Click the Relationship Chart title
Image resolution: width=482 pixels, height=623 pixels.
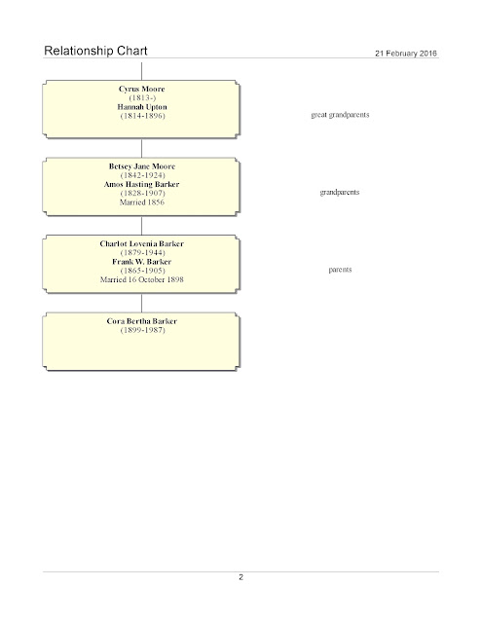[95, 51]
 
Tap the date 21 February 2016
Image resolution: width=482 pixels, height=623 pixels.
[406, 54]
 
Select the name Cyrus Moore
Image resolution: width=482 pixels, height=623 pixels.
[142, 89]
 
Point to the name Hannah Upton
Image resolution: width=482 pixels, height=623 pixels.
[142, 107]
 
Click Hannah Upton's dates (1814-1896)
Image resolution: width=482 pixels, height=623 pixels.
[142, 116]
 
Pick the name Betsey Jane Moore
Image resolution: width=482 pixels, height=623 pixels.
[142, 166]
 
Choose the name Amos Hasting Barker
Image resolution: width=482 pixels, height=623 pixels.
[142, 184]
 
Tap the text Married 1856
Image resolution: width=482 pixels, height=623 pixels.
[142, 202]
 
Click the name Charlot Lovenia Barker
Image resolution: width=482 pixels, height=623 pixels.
[142, 243]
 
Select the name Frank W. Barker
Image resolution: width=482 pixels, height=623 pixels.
[142, 262]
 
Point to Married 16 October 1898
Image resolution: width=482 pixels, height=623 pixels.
[142, 279]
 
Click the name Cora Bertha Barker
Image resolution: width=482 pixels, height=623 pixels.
[142, 321]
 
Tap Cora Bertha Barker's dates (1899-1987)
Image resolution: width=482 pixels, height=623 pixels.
[142, 330]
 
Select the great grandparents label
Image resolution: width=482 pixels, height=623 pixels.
[340, 115]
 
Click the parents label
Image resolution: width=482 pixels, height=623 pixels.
[340, 270]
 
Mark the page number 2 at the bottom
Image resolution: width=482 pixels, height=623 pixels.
[241, 577]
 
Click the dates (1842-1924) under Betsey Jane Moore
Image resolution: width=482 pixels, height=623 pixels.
[142, 175]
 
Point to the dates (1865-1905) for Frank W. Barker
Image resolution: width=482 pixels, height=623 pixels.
[142, 271]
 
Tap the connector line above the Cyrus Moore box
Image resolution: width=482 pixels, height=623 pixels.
[142, 71]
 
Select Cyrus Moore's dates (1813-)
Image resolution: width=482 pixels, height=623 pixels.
[142, 97]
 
